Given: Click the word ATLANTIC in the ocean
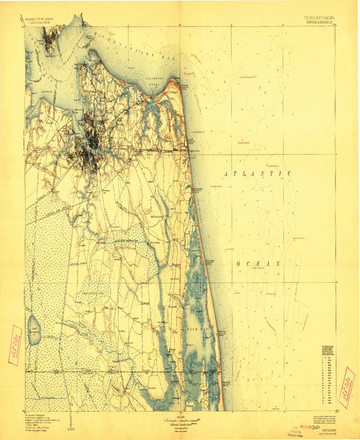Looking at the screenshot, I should [x=257, y=174].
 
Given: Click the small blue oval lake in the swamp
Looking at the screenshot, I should [x=36, y=330].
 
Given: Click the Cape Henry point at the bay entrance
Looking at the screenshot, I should [x=177, y=84].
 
